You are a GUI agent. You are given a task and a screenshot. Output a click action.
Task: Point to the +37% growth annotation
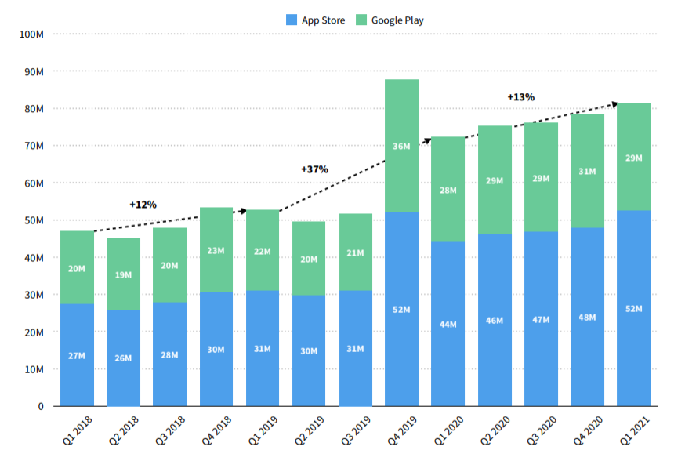point(314,169)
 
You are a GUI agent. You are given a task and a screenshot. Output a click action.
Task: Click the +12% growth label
point(143,205)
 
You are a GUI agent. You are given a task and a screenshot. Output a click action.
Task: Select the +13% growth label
point(520,97)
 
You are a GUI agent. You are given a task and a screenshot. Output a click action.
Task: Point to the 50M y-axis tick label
point(33,220)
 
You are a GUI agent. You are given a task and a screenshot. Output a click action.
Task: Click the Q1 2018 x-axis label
point(78,430)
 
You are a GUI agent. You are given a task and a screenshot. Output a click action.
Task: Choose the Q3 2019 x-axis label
point(357,430)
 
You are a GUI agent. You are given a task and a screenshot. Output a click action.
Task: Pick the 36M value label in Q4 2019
point(401,146)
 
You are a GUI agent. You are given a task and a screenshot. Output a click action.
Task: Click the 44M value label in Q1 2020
point(448,324)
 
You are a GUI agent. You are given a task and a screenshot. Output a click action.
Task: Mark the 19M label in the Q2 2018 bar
point(124,275)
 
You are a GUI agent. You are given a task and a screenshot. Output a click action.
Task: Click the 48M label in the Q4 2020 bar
point(587,318)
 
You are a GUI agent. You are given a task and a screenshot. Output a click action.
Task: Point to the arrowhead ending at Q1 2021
point(615,103)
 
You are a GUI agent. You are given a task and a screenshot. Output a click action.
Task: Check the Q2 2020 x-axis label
point(497,430)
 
